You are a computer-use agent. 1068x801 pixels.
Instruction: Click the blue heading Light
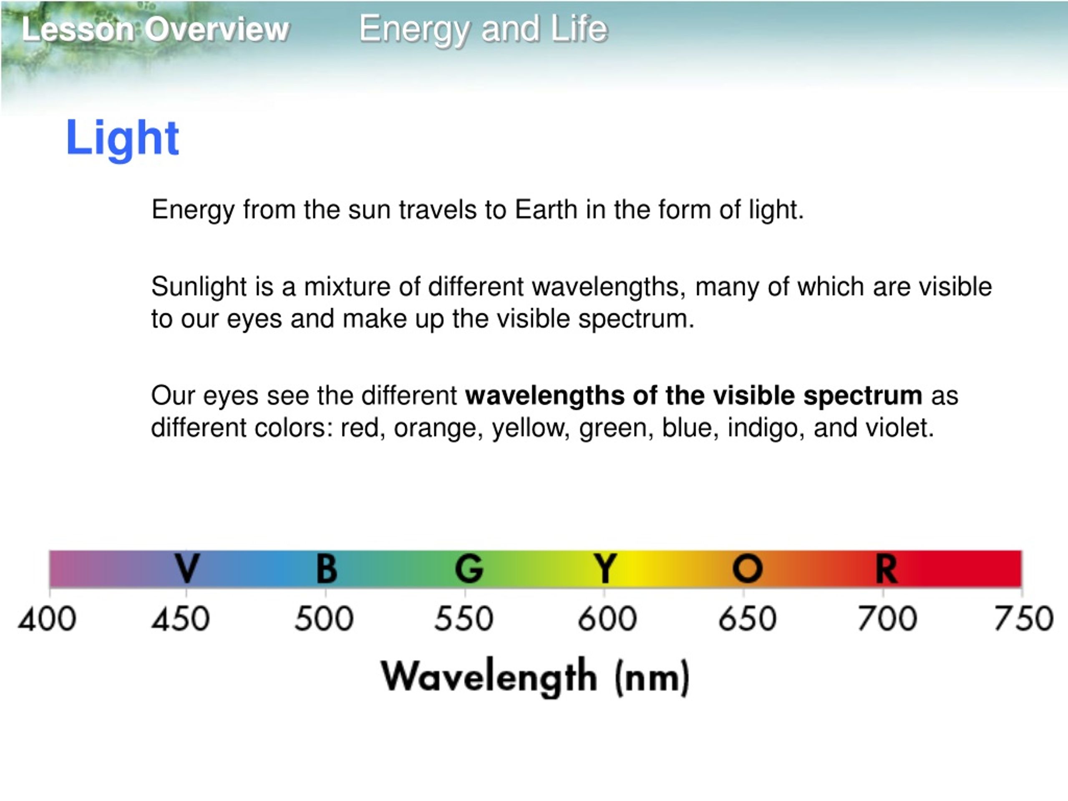(122, 139)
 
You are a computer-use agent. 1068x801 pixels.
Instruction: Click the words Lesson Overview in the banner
(155, 30)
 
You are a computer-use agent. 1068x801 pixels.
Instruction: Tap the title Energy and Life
(483, 29)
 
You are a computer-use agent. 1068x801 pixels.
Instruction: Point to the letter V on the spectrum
(187, 568)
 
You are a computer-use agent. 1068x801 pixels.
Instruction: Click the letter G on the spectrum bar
(469, 568)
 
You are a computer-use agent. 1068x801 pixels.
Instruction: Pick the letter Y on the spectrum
(605, 568)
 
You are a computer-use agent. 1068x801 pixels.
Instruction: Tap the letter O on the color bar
(748, 568)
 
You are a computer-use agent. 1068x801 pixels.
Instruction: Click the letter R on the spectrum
(887, 568)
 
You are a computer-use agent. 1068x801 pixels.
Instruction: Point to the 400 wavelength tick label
(47, 619)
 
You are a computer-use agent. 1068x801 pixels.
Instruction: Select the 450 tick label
(181, 619)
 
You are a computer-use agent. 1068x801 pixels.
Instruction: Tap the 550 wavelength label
(464, 619)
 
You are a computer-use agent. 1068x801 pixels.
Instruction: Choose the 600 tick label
(607, 619)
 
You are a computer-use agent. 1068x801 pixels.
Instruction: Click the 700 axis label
(887, 619)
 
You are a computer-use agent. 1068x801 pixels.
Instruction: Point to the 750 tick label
(1024, 619)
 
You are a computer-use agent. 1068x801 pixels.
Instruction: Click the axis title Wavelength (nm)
(535, 677)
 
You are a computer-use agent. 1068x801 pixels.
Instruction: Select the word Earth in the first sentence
(546, 209)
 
